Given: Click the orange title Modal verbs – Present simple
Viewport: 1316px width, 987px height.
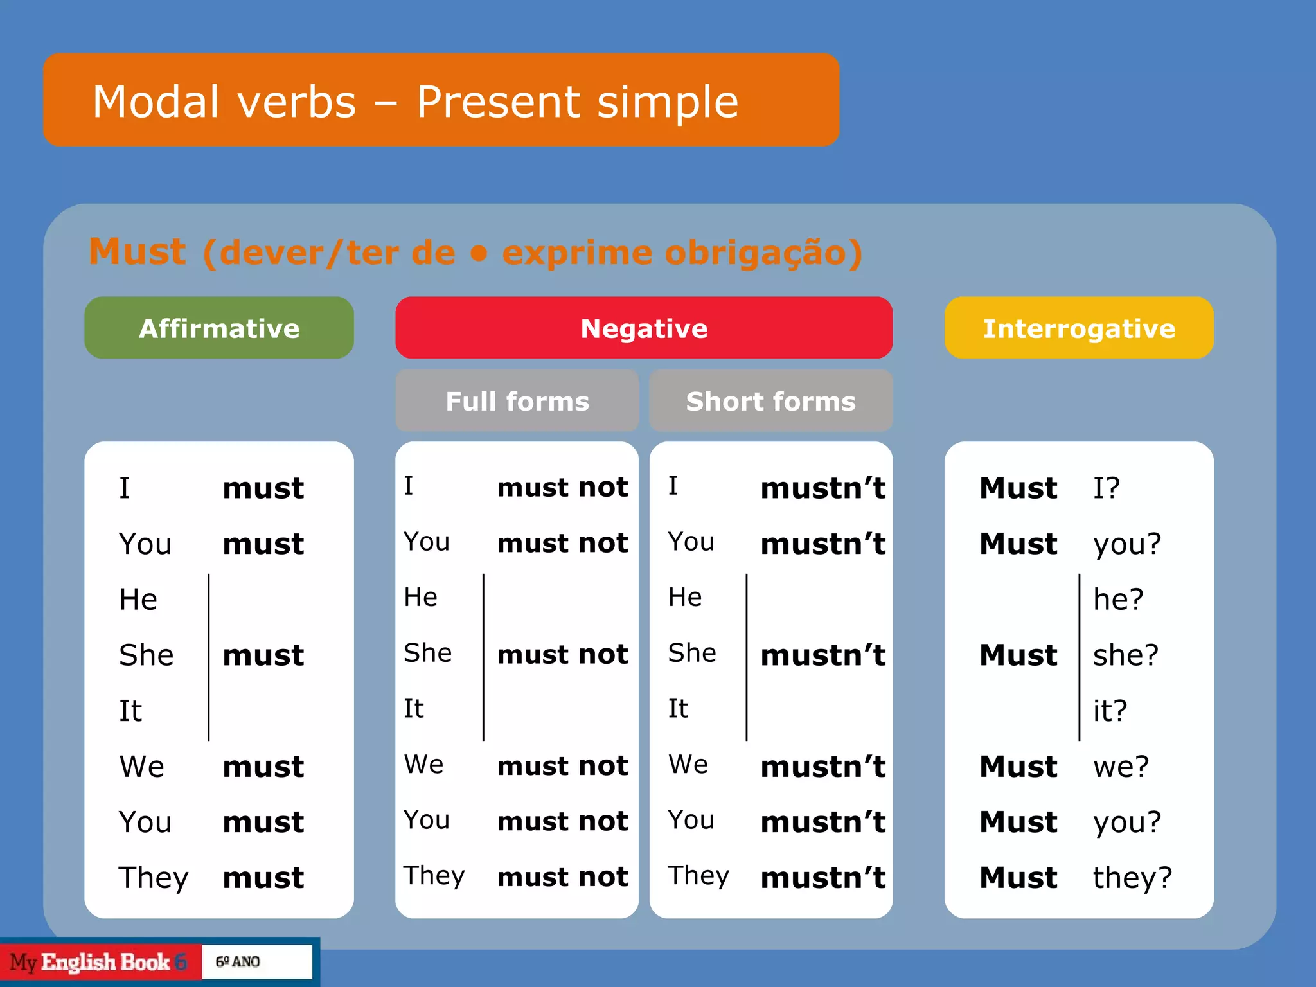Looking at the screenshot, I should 415,102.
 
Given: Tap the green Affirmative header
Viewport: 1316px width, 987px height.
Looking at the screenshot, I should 219,328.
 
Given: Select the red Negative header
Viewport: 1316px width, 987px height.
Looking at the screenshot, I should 644,328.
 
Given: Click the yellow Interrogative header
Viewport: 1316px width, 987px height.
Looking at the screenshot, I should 1079,328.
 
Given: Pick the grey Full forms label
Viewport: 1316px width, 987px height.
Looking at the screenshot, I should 517,401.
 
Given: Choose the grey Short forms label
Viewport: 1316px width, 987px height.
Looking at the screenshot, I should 770,401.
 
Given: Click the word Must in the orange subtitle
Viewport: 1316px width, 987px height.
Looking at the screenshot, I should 138,252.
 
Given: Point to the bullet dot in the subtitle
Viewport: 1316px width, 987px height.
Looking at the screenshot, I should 478,253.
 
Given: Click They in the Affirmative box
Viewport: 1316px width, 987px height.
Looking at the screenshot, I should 154,877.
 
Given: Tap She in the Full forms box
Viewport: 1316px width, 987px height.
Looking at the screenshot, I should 427,653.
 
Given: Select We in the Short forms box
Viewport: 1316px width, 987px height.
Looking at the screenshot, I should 688,765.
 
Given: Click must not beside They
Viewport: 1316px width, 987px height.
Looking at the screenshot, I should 562,876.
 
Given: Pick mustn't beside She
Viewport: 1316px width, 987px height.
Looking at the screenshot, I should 822,655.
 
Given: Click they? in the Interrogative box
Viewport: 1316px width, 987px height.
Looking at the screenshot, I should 1132,877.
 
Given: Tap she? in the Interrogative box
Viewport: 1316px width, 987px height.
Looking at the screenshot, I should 1126,655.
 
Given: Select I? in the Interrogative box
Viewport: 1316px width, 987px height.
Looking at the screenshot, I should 1107,488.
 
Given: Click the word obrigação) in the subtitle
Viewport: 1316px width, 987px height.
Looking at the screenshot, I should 763,253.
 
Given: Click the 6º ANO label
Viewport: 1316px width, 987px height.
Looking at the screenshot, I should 238,962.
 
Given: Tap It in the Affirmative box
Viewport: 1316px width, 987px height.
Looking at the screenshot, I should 130,711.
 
